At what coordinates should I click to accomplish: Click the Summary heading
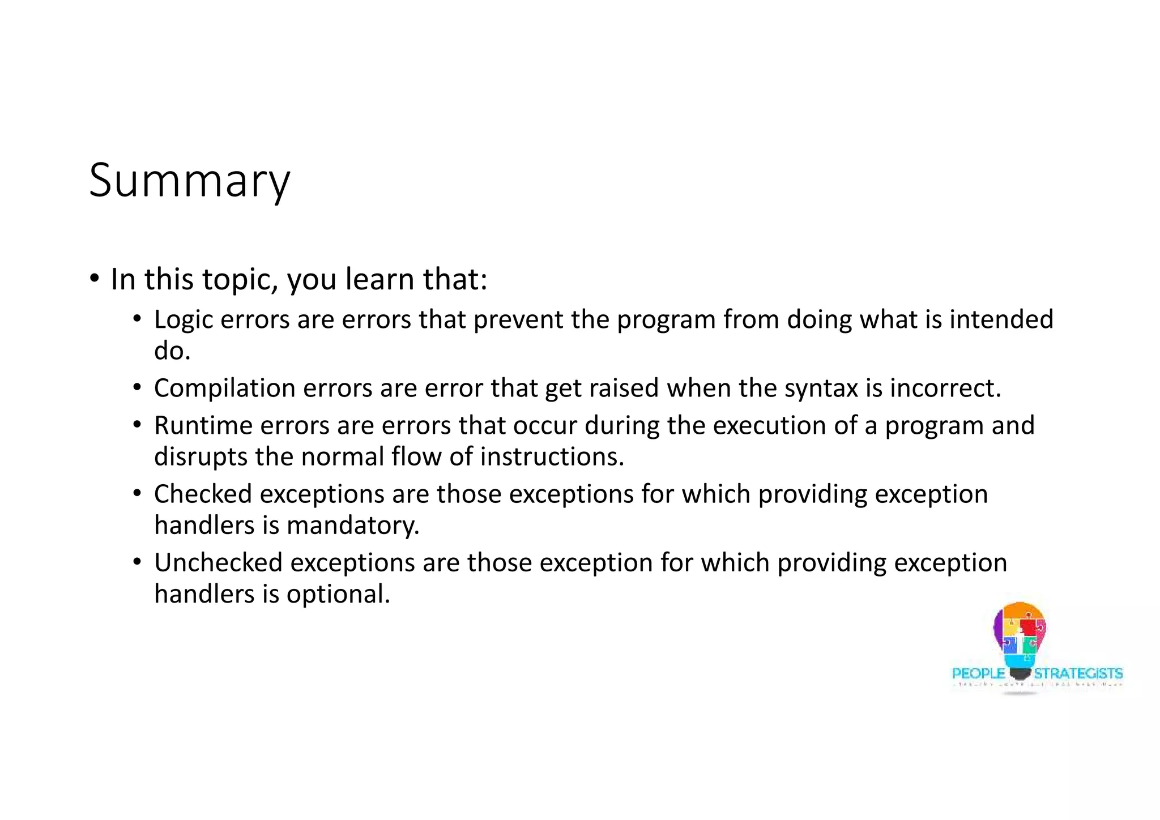click(189, 181)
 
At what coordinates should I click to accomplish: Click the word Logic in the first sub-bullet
click(184, 320)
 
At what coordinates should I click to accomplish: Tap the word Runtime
click(203, 426)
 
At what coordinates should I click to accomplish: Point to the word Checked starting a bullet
click(203, 494)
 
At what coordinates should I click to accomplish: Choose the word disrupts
click(201, 457)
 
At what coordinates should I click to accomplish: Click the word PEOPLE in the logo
click(978, 673)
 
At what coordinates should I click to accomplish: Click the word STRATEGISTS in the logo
click(1078, 673)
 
